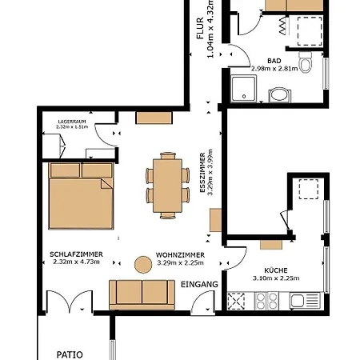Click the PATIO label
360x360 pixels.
(x=70, y=354)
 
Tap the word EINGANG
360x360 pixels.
(x=199, y=285)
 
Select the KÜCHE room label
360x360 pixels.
(x=276, y=270)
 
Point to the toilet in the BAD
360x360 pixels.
(x=306, y=62)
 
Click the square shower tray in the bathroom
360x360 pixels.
(x=244, y=89)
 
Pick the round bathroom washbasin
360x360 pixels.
(x=280, y=95)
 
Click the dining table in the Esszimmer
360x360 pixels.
(x=167, y=186)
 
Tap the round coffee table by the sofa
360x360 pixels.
(x=143, y=265)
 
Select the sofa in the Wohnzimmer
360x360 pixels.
(x=142, y=294)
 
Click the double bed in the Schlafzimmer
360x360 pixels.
(x=81, y=196)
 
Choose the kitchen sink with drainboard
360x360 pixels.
(x=305, y=301)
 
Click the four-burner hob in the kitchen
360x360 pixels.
(x=266, y=301)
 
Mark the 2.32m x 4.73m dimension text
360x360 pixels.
(x=76, y=262)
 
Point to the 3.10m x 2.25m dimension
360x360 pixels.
(x=276, y=278)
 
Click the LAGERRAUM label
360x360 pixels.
(x=72, y=122)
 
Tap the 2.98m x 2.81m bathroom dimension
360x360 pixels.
(x=274, y=69)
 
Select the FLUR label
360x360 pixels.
(x=200, y=28)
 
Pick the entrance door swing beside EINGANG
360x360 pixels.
(x=202, y=302)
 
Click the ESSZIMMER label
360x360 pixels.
(x=202, y=173)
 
